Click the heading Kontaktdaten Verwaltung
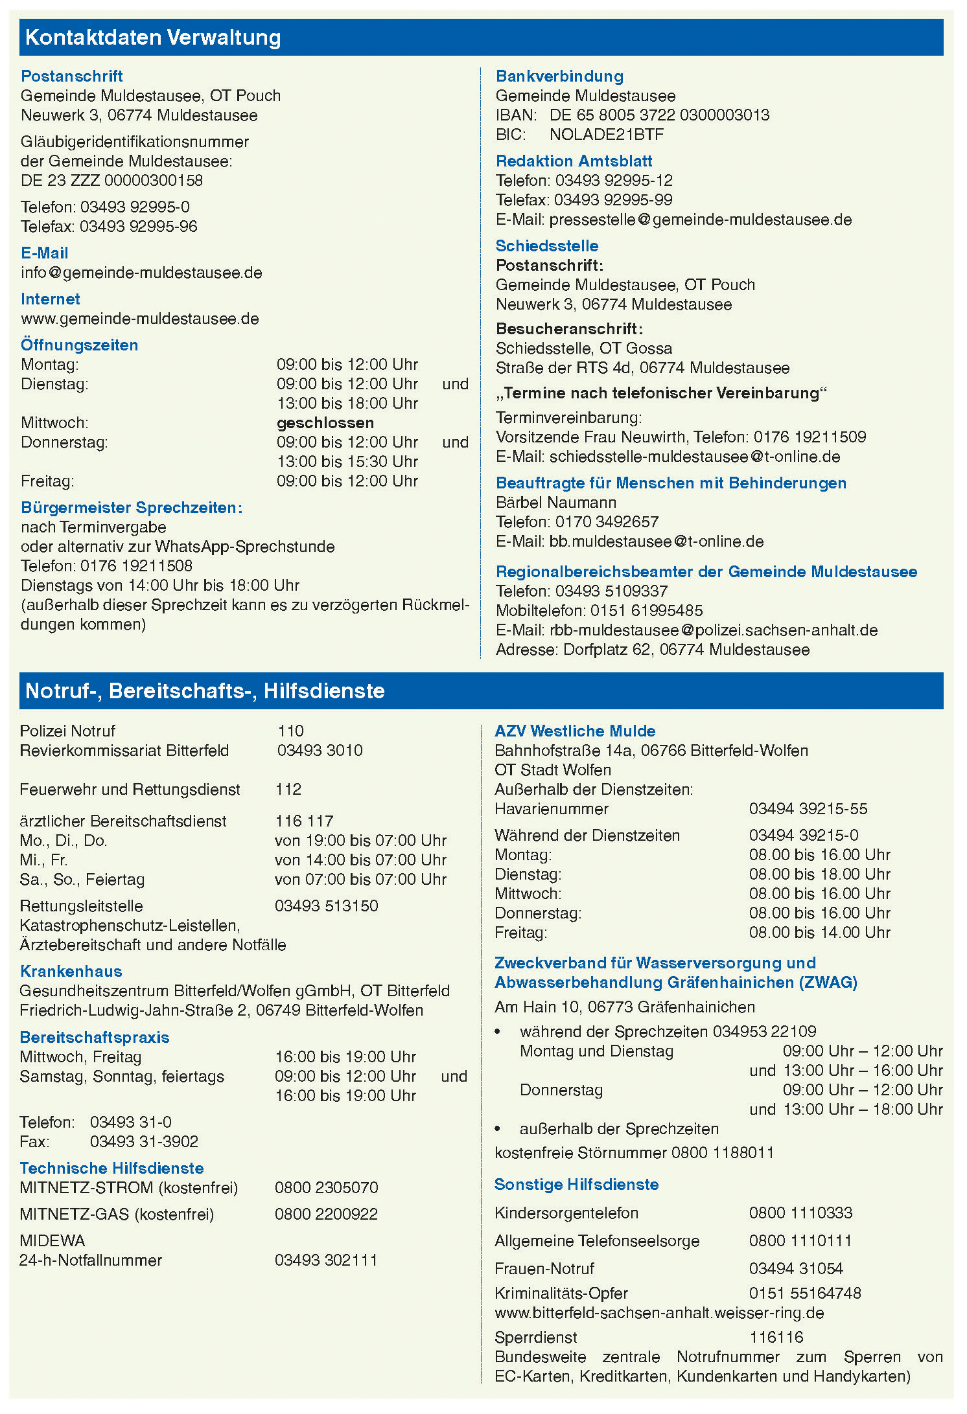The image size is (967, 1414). tap(153, 38)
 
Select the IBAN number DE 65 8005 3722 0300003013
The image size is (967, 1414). tap(659, 115)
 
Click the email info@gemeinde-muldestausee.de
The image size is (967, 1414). tap(141, 273)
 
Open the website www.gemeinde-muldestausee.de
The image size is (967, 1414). tap(140, 319)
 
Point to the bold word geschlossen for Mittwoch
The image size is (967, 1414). tap(325, 423)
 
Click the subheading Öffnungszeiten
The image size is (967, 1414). tap(79, 345)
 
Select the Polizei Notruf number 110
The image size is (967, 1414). tap(290, 731)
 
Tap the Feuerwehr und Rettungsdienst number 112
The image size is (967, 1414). tap(288, 789)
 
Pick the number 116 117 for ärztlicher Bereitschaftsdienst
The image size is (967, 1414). tap(304, 821)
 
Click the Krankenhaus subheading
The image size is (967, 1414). tap(71, 971)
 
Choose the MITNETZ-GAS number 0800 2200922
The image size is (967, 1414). tap(326, 1214)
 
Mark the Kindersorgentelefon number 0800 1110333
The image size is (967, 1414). tap(800, 1213)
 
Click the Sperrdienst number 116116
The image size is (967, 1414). tap(776, 1337)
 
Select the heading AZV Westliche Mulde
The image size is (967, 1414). tap(575, 731)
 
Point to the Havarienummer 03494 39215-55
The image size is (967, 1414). tap(808, 808)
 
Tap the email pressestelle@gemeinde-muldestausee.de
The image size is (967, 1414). tap(700, 220)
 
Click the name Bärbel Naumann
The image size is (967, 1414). tap(555, 503)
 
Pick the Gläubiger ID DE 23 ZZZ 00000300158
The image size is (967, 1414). tap(111, 181)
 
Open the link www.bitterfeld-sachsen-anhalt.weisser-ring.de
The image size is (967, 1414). tap(659, 1313)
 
